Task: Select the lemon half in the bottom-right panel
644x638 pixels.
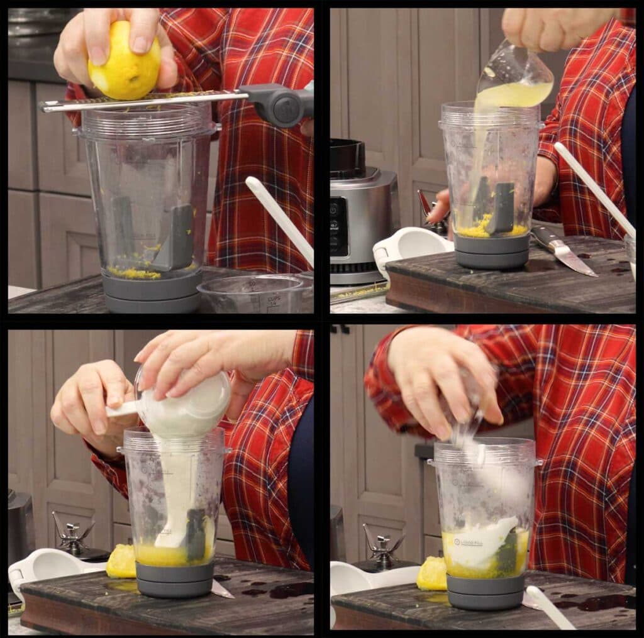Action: tap(431, 573)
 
